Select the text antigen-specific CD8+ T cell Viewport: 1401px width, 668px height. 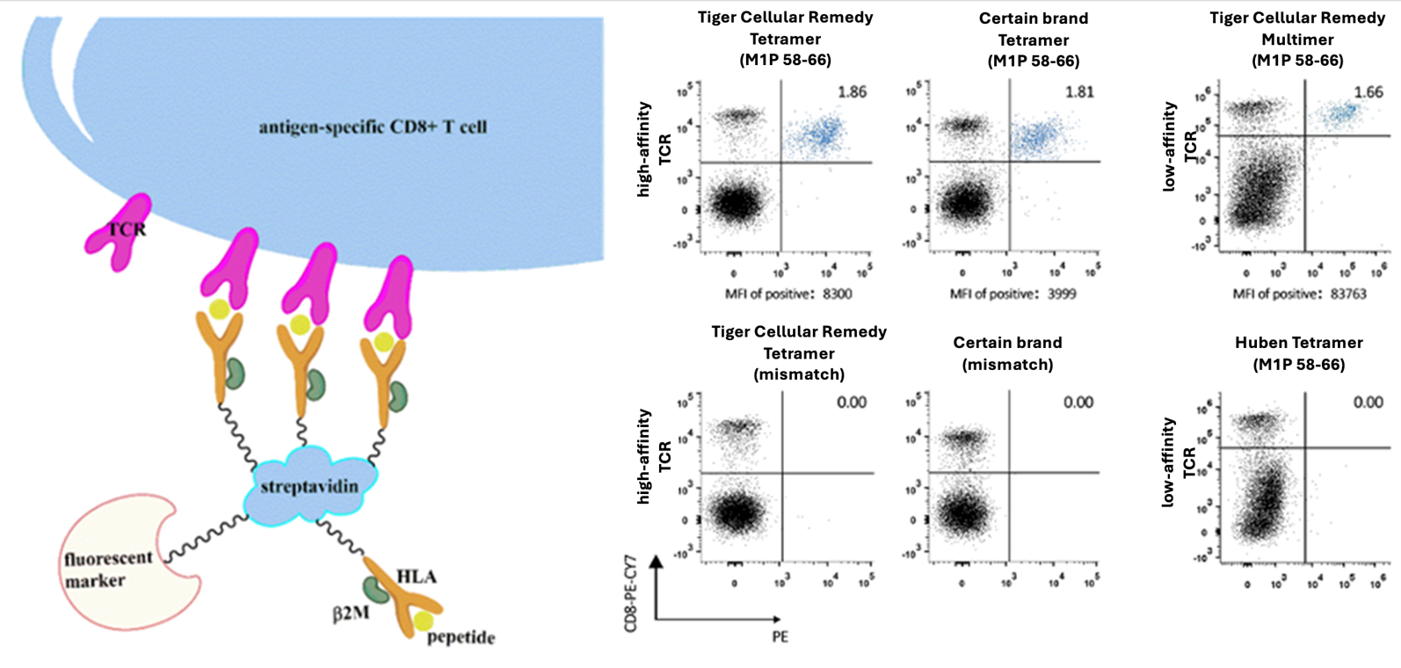pos(373,127)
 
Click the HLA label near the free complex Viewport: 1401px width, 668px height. pos(416,577)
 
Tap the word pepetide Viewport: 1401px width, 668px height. pos(461,637)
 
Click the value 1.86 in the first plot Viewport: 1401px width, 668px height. pos(852,91)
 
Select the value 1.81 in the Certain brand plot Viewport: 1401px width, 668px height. pos(1079,91)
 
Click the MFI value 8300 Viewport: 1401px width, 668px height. pos(837,294)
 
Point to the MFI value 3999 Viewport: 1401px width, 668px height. pos(1061,294)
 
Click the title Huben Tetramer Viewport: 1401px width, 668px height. pos(1298,343)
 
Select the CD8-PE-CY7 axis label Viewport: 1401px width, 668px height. pos(630,598)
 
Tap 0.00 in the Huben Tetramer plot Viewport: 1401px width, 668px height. pos(1368,403)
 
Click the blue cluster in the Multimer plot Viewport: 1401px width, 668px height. pos(1340,113)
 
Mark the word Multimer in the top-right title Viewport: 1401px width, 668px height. pos(1297,40)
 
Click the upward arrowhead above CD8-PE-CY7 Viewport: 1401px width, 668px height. pos(656,562)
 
